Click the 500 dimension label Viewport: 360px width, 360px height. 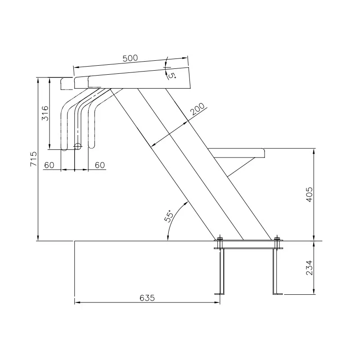point(130,58)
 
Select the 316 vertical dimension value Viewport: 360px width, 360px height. point(45,113)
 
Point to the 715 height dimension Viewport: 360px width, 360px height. point(33,159)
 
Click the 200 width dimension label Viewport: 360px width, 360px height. point(198,109)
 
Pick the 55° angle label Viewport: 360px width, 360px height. point(169,216)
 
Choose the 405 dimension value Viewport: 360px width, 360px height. point(310,194)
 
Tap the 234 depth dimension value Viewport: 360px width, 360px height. point(310,268)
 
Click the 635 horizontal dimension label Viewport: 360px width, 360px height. point(147,298)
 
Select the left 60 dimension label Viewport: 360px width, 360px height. point(49,165)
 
